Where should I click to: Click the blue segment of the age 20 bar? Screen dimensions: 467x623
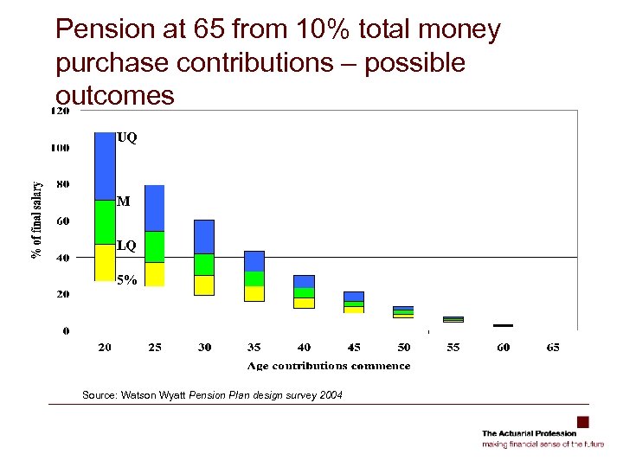coord(105,166)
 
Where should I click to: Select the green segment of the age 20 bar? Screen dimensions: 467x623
coord(105,222)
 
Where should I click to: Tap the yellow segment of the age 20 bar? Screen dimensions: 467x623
coord(105,263)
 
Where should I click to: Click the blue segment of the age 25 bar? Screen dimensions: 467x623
coord(155,208)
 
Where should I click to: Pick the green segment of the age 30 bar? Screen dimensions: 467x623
coord(204,265)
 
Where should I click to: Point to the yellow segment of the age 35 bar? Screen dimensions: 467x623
coord(254,293)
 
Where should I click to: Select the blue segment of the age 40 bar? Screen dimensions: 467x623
coord(304,281)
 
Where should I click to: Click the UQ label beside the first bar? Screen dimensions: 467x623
coord(126,138)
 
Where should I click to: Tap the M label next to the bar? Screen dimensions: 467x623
coord(124,202)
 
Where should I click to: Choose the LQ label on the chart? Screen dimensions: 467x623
coord(126,246)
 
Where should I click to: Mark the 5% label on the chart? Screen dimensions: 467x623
coord(126,279)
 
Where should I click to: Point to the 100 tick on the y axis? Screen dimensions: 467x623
coord(60,148)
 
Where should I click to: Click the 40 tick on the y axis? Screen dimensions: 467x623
coord(63,258)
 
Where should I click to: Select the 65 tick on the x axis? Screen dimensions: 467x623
coord(553,348)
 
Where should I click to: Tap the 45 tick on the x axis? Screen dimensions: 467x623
coord(354,348)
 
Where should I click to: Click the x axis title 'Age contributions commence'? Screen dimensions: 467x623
coord(329,366)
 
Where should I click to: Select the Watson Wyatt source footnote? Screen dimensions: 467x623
coord(212,395)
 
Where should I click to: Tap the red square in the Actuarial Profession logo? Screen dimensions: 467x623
coord(582,422)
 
